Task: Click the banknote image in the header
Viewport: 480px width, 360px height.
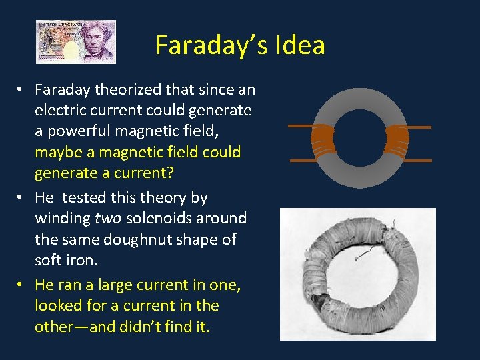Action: coord(76,42)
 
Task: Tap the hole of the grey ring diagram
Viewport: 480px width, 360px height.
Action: coord(360,139)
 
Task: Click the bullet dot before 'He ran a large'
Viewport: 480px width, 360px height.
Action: coord(22,285)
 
